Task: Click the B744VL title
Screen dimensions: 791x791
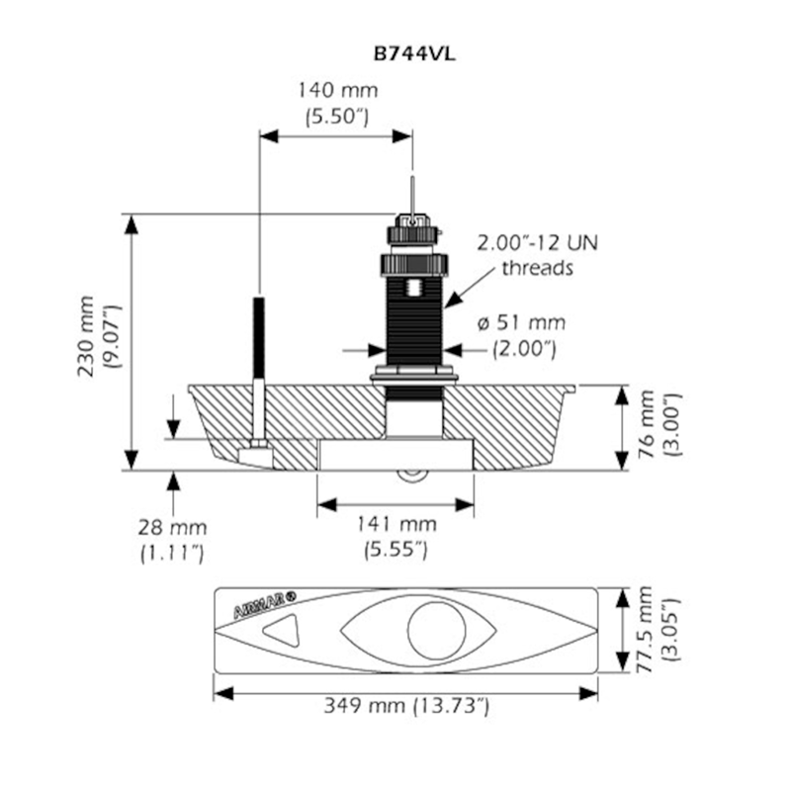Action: pyautogui.click(x=414, y=54)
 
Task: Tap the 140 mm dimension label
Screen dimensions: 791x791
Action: pyautogui.click(x=337, y=91)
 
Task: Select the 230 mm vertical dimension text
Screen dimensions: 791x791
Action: pyautogui.click(x=86, y=336)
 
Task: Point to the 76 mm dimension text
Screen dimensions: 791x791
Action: pyautogui.click(x=647, y=424)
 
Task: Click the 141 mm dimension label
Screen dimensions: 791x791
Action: pyautogui.click(x=396, y=524)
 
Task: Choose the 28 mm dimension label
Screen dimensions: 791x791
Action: pyautogui.click(x=172, y=528)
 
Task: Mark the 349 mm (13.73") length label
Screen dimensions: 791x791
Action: pyautogui.click(x=406, y=705)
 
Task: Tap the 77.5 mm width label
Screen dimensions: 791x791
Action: pyautogui.click(x=645, y=629)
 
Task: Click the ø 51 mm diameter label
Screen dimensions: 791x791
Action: pyautogui.click(x=522, y=323)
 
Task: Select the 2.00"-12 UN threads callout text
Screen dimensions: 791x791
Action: pyautogui.click(x=538, y=255)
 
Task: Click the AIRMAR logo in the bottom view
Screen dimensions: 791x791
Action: pyautogui.click(x=265, y=605)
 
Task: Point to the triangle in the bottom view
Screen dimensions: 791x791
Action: pyautogui.click(x=281, y=630)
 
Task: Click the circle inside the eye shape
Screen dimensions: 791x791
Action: pyautogui.click(x=436, y=631)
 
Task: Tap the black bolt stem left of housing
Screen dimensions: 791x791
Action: pyautogui.click(x=259, y=338)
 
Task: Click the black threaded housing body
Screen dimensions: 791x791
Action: pyautogui.click(x=413, y=319)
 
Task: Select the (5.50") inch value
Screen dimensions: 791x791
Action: pyautogui.click(x=337, y=117)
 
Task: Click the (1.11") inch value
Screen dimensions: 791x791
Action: pyautogui.click(x=172, y=554)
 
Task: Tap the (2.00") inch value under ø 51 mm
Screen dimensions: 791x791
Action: pyautogui.click(x=525, y=349)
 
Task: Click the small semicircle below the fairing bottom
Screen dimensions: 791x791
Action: pyautogui.click(x=412, y=477)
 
